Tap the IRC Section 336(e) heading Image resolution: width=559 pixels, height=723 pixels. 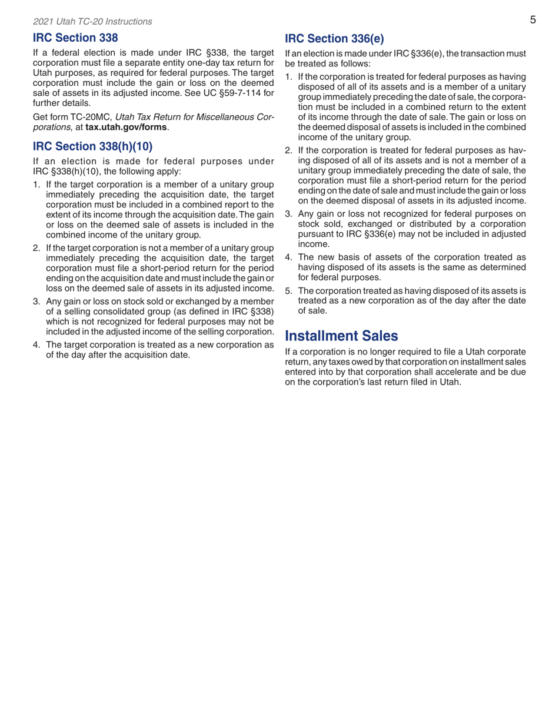pyautogui.click(x=334, y=39)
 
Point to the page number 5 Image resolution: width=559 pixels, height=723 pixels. pyautogui.click(x=532, y=21)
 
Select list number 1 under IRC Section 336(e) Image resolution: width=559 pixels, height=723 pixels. pyautogui.click(x=289, y=78)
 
